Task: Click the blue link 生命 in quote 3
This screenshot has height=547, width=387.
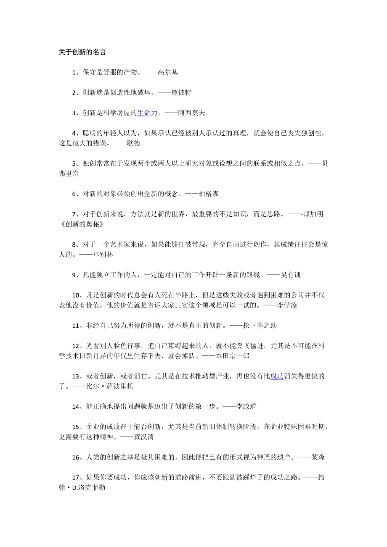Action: click(144, 113)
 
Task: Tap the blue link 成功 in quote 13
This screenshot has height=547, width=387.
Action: click(276, 376)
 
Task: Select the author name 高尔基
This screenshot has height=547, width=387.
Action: click(168, 72)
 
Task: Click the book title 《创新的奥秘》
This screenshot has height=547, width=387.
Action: click(81, 224)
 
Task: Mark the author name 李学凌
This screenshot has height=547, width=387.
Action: click(287, 305)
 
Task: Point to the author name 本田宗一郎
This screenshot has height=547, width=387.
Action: click(236, 355)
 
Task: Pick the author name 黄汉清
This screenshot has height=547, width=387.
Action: click(143, 437)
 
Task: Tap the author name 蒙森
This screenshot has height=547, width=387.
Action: click(315, 457)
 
